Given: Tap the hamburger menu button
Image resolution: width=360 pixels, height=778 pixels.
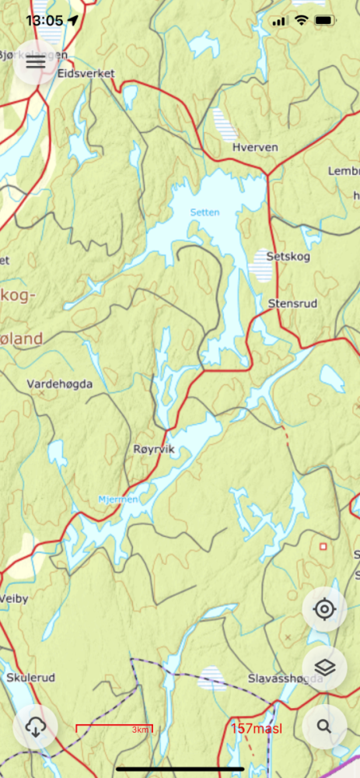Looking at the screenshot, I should pyautogui.click(x=36, y=63).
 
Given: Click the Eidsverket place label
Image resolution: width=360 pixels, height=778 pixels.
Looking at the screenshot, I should pyautogui.click(x=86, y=74).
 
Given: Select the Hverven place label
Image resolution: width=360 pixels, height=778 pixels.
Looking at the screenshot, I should pyautogui.click(x=250, y=146).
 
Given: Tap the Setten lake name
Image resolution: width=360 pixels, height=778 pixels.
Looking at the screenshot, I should pyautogui.click(x=205, y=212).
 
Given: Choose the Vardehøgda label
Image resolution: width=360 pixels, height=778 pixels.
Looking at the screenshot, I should pyautogui.click(x=60, y=384).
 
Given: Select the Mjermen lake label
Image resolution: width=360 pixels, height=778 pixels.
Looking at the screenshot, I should pyautogui.click(x=118, y=499).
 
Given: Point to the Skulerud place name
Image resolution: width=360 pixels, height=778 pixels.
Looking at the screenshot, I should pyautogui.click(x=30, y=678).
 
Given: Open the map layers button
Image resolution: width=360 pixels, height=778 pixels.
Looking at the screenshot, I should pyautogui.click(x=324, y=667).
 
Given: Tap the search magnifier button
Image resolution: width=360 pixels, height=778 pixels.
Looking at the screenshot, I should pyautogui.click(x=324, y=727).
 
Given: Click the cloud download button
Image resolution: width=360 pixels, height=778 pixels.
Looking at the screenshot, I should pyautogui.click(x=36, y=727).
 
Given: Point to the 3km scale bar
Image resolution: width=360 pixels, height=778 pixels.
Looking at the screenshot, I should pyautogui.click(x=114, y=729).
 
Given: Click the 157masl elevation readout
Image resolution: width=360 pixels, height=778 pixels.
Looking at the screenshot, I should pyautogui.click(x=256, y=728).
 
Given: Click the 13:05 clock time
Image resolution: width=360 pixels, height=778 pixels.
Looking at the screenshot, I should pyautogui.click(x=44, y=19).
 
